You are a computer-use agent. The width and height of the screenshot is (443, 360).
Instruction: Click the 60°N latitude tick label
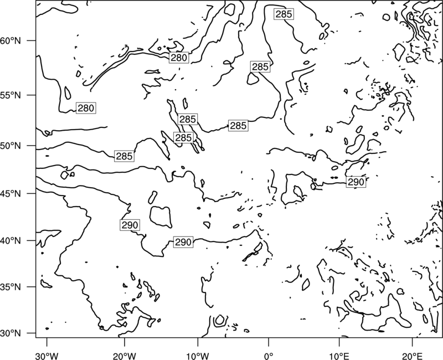[x=11, y=41]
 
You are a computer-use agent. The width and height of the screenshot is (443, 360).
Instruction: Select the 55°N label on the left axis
[x=11, y=95]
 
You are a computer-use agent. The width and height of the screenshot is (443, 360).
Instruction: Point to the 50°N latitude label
[x=11, y=146]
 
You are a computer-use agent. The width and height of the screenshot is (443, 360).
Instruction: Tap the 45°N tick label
[x=11, y=194]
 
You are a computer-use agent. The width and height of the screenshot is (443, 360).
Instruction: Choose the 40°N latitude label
[x=11, y=241]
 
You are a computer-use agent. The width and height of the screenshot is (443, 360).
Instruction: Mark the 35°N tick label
[x=11, y=287]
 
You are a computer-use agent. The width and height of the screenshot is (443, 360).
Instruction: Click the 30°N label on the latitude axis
[x=11, y=333]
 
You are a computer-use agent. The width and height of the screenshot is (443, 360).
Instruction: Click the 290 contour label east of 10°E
[x=356, y=182]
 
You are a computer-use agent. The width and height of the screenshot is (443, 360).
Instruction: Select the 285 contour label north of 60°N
[x=284, y=14]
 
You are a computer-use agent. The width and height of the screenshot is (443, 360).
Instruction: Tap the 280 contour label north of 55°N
[x=179, y=58]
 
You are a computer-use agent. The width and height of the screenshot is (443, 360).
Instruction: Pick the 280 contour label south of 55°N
[x=86, y=108]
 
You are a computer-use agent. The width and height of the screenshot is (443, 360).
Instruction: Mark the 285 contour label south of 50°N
[x=124, y=156]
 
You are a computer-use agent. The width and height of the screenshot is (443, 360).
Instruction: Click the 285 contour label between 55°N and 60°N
[x=260, y=67]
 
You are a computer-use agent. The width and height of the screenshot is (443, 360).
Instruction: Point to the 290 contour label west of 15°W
[x=130, y=225]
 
